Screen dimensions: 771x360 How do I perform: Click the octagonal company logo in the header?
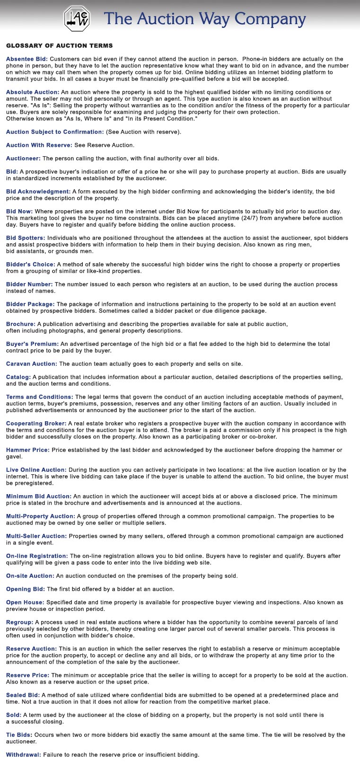(x=77, y=18)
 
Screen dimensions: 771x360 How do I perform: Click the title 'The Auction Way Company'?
(x=204, y=18)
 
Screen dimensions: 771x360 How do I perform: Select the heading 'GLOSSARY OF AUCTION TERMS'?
(x=59, y=45)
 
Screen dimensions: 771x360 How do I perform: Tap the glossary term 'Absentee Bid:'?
(x=27, y=59)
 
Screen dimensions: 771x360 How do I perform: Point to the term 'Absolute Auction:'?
(x=33, y=92)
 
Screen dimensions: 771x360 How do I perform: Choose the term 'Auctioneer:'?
(x=23, y=158)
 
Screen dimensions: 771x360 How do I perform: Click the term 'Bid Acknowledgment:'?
(x=38, y=191)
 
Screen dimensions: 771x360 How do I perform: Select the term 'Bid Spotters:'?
(x=26, y=238)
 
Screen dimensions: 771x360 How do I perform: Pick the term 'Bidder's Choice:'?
(x=30, y=264)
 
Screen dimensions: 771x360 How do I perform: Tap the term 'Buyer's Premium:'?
(x=32, y=344)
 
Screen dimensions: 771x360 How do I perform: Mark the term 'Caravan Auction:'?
(x=31, y=363)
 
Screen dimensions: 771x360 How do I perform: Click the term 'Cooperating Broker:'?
(x=36, y=423)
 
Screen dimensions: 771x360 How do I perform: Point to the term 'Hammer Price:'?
(x=27, y=450)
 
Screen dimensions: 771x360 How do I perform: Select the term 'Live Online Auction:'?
(x=36, y=470)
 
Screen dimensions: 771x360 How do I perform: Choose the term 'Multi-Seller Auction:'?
(x=36, y=536)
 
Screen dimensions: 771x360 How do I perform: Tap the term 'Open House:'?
(x=25, y=602)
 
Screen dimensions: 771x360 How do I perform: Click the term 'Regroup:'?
(x=19, y=622)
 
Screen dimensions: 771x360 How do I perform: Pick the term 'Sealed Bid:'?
(x=23, y=695)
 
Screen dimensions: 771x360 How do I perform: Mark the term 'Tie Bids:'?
(x=19, y=735)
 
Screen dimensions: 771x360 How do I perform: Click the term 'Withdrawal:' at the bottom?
(x=23, y=754)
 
